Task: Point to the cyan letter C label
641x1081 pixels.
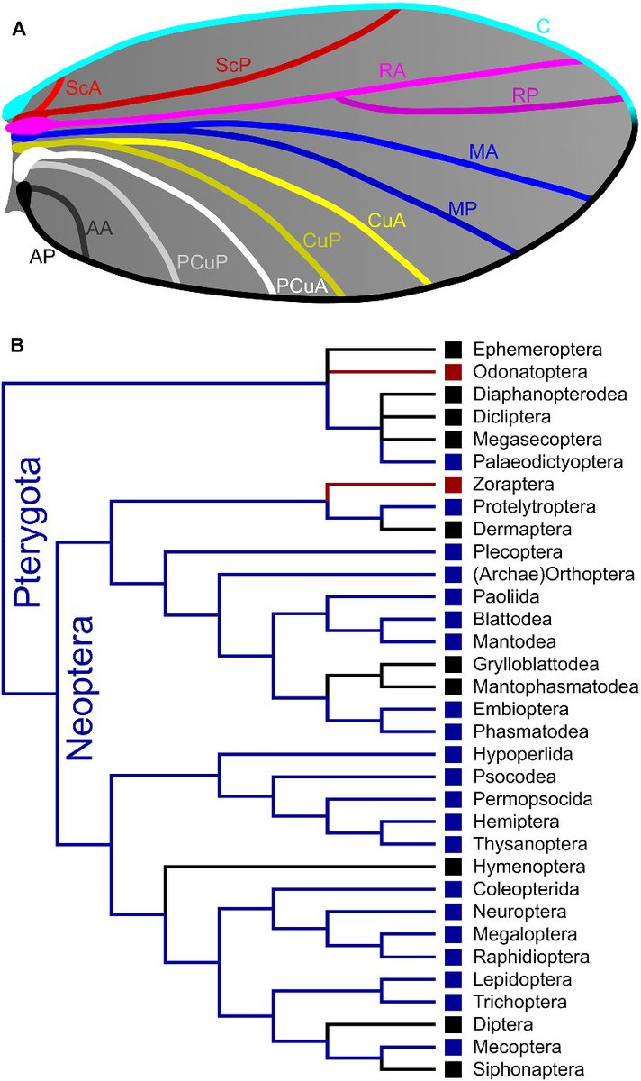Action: click(x=544, y=28)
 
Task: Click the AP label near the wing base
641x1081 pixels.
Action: click(x=41, y=256)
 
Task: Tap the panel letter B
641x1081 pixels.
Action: click(x=19, y=345)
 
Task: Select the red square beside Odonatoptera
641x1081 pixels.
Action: click(x=453, y=371)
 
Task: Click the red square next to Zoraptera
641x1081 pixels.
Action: click(x=453, y=484)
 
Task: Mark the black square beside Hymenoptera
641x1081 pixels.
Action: click(x=453, y=867)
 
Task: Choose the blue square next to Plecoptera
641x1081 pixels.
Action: click(x=453, y=551)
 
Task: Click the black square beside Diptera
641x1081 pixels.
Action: click(x=453, y=1024)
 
